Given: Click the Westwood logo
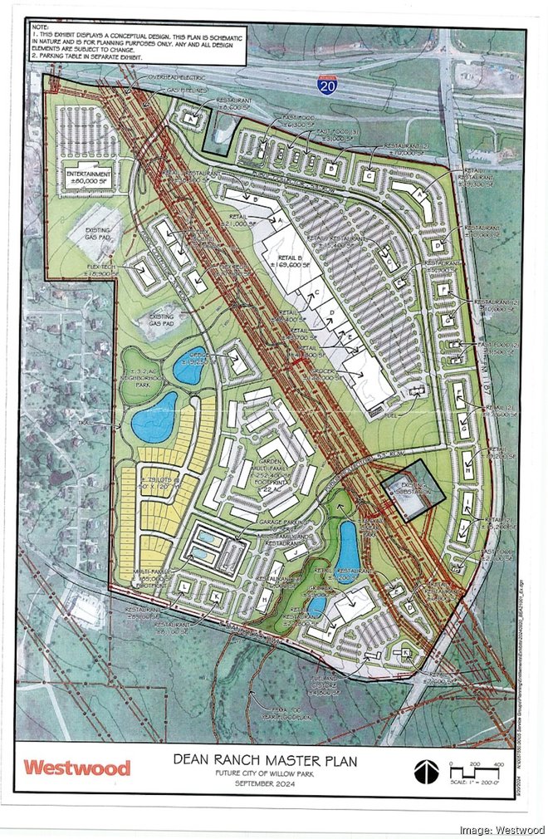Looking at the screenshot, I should pyautogui.click(x=76, y=767).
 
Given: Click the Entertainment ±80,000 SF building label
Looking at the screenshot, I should pyautogui.click(x=89, y=176).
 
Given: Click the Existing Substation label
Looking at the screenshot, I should pyautogui.click(x=413, y=488).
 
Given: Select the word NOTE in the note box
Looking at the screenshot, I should pyautogui.click(x=40, y=27).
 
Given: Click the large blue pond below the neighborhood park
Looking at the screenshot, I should pyautogui.click(x=154, y=416).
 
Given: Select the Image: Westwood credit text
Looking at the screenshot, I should pyautogui.click(x=502, y=829).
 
